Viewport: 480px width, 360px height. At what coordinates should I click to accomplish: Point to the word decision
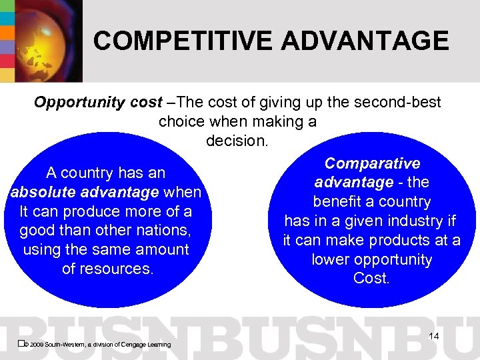pyautogui.click(x=237, y=141)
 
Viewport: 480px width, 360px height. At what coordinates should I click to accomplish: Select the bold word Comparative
pyautogui.click(x=372, y=164)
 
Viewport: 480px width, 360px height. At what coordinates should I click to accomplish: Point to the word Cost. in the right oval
pyautogui.click(x=371, y=279)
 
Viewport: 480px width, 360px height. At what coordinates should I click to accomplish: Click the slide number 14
pyautogui.click(x=433, y=336)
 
